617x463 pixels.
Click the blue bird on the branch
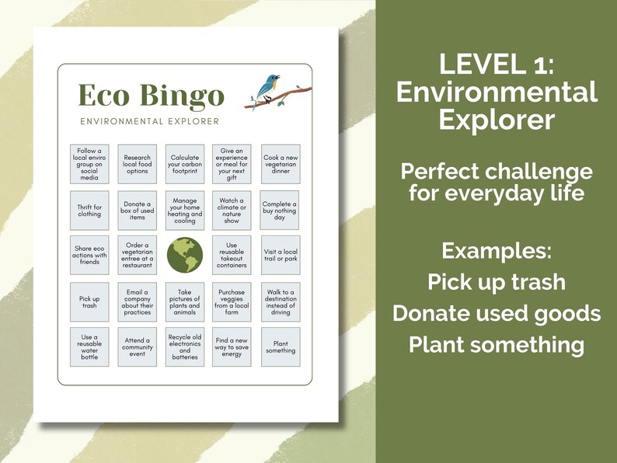pyautogui.click(x=270, y=88)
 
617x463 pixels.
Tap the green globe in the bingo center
pyautogui.click(x=185, y=256)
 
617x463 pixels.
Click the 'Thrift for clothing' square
pyautogui.click(x=89, y=211)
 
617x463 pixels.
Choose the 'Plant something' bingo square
pyautogui.click(x=281, y=346)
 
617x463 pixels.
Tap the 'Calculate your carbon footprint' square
pyautogui.click(x=185, y=162)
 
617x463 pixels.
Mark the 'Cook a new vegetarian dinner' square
pyautogui.click(x=281, y=162)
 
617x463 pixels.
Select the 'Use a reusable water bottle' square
pyautogui.click(x=89, y=346)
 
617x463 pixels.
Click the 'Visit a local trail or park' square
pyautogui.click(x=281, y=256)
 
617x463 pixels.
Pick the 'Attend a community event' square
pyautogui.click(x=138, y=346)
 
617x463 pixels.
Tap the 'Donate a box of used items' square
pyautogui.click(x=138, y=211)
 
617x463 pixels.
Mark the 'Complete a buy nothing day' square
pyautogui.click(x=281, y=211)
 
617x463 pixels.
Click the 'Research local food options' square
pyautogui.click(x=138, y=162)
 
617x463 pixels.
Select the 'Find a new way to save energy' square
pyautogui.click(x=232, y=346)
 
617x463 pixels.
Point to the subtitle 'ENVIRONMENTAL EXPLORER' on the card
pyautogui.click(x=149, y=121)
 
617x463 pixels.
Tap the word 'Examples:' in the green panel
pyautogui.click(x=497, y=251)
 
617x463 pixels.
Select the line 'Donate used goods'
pyautogui.click(x=497, y=313)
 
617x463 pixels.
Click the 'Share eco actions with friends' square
pyautogui.click(x=89, y=256)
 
